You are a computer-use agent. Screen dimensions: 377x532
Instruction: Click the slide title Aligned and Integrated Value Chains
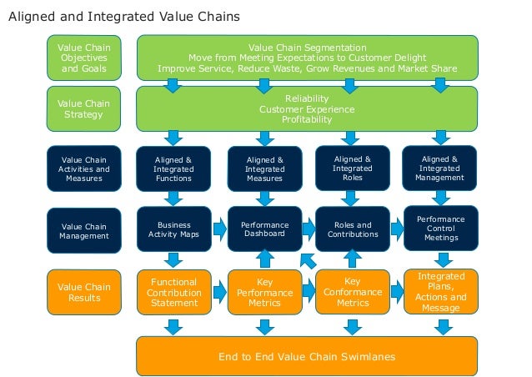point(123,16)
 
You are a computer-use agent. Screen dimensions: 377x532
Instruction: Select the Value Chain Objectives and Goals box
point(83,58)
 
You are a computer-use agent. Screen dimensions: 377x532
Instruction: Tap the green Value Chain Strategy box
point(83,108)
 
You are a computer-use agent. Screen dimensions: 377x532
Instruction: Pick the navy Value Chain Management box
point(83,230)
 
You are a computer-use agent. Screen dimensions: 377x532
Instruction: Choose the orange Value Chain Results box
point(83,292)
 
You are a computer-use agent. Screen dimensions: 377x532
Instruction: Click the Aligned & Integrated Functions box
point(173,168)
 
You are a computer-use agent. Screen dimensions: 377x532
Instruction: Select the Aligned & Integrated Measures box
point(264,168)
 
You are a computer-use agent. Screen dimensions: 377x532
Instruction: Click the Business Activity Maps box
point(173,230)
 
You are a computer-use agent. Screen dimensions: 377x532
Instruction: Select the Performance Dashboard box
point(264,230)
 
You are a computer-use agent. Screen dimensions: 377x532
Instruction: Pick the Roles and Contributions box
point(353,230)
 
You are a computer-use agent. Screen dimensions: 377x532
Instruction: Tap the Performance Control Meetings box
point(440,228)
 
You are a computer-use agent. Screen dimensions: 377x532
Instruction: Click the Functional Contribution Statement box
point(173,292)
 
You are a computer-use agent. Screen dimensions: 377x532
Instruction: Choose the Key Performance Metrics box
point(264,293)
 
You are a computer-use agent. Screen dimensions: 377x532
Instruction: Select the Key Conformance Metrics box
point(353,292)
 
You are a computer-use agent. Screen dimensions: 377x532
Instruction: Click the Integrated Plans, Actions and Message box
point(441,291)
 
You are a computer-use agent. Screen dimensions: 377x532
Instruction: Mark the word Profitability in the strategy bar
point(307,119)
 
